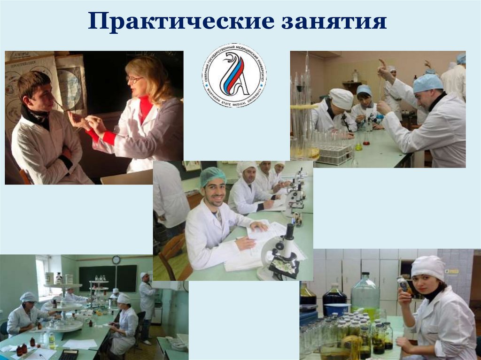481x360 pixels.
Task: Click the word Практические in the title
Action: (x=180, y=23)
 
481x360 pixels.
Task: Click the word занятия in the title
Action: (x=334, y=23)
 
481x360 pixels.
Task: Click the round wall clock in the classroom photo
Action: (x=116, y=260)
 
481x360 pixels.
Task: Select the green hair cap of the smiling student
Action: (x=213, y=176)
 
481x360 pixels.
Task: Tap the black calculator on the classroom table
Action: (x=68, y=355)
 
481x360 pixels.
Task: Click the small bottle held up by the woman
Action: (x=403, y=283)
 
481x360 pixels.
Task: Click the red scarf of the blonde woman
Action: (x=145, y=109)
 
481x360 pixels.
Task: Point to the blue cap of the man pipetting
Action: (x=427, y=83)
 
